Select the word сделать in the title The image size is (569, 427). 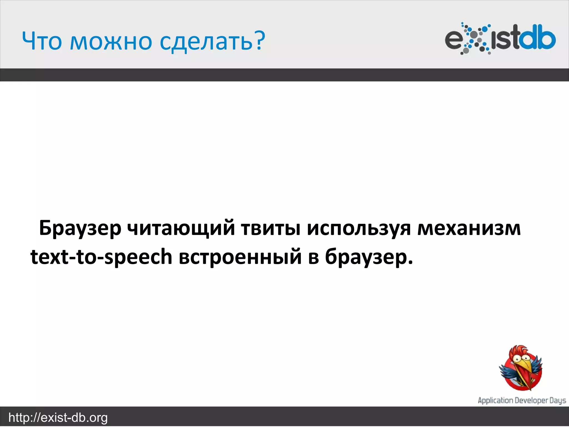point(206,42)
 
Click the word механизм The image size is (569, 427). point(469,228)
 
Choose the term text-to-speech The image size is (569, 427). point(101,257)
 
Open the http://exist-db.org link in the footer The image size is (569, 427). point(58,418)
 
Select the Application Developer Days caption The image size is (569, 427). point(522,400)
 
